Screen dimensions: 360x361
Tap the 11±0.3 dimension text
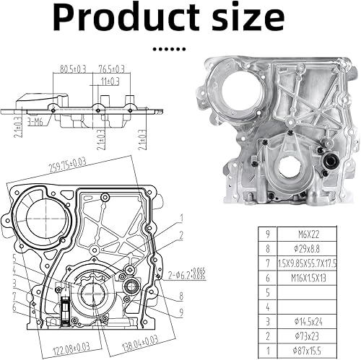[110, 81]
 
